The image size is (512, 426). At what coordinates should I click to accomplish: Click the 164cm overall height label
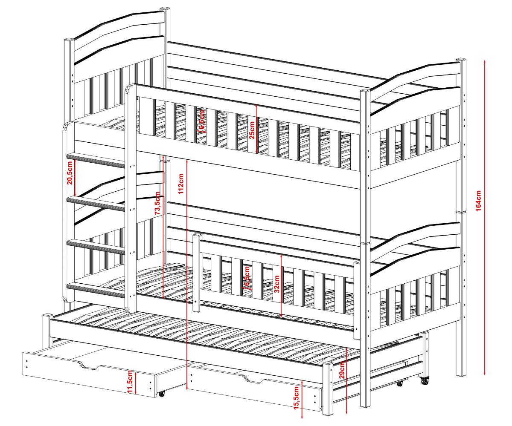point(478,201)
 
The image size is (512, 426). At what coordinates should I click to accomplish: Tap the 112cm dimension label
point(181,184)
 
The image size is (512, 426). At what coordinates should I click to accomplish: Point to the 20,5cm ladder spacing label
point(70,173)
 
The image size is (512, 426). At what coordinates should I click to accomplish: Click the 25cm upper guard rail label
point(252,130)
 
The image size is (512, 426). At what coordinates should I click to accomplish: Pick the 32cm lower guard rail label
point(276,284)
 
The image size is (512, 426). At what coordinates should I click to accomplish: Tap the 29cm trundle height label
point(342,370)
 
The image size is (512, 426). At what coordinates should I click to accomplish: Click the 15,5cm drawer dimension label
point(296,398)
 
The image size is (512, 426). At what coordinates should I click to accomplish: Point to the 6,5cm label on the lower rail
point(247,276)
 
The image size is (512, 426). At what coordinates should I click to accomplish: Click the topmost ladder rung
point(96,160)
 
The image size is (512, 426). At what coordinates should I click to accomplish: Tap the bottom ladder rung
point(96,290)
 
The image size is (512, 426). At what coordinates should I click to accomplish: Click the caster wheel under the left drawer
point(161,394)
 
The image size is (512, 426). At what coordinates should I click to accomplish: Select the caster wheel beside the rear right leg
point(424,380)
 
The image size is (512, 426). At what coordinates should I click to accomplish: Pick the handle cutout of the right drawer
point(253,379)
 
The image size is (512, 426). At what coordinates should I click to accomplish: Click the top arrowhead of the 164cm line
point(485,61)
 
